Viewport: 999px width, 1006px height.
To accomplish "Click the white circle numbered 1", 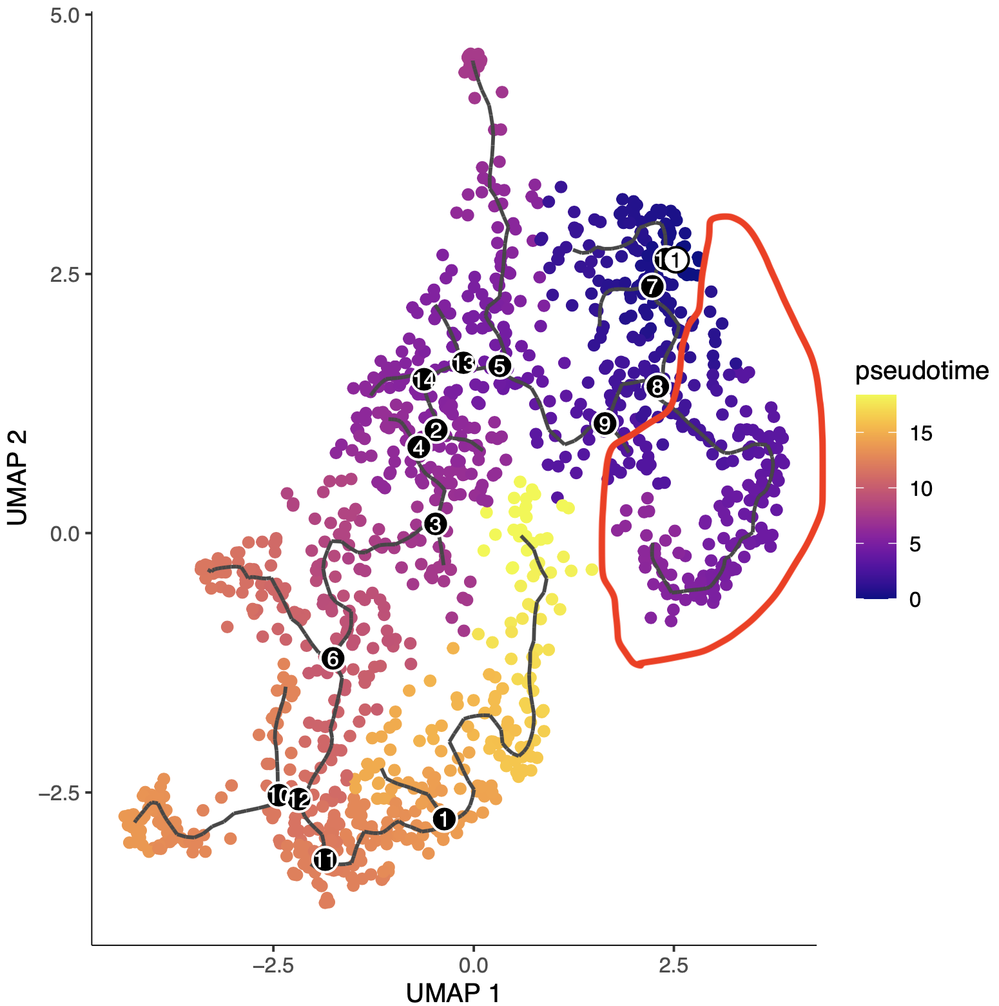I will click(675, 260).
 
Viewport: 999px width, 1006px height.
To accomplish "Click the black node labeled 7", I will click(652, 286).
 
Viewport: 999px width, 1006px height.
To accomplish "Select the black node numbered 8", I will click(657, 387).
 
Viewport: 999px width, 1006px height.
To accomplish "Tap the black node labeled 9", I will click(605, 424).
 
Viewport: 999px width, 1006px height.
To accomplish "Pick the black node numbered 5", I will click(499, 366).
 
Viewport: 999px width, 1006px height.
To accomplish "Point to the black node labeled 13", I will click(463, 364).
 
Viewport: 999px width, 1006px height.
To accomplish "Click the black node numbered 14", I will click(423, 380).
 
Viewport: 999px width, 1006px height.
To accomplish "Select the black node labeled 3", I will click(436, 524).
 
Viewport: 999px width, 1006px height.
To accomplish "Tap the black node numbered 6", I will click(333, 658).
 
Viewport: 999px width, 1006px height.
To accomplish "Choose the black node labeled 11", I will click(325, 860).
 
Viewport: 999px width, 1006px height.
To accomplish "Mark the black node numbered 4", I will click(419, 446).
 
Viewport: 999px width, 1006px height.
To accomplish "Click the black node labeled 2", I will click(436, 429).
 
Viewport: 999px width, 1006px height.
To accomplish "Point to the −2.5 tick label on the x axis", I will click(273, 965).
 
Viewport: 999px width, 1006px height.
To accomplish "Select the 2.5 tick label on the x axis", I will click(674, 965).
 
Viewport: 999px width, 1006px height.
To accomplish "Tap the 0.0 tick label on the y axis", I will click(64, 534).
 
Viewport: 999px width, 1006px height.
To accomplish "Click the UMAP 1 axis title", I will click(453, 992).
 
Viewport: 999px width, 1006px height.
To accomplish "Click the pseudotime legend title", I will click(922, 371).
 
